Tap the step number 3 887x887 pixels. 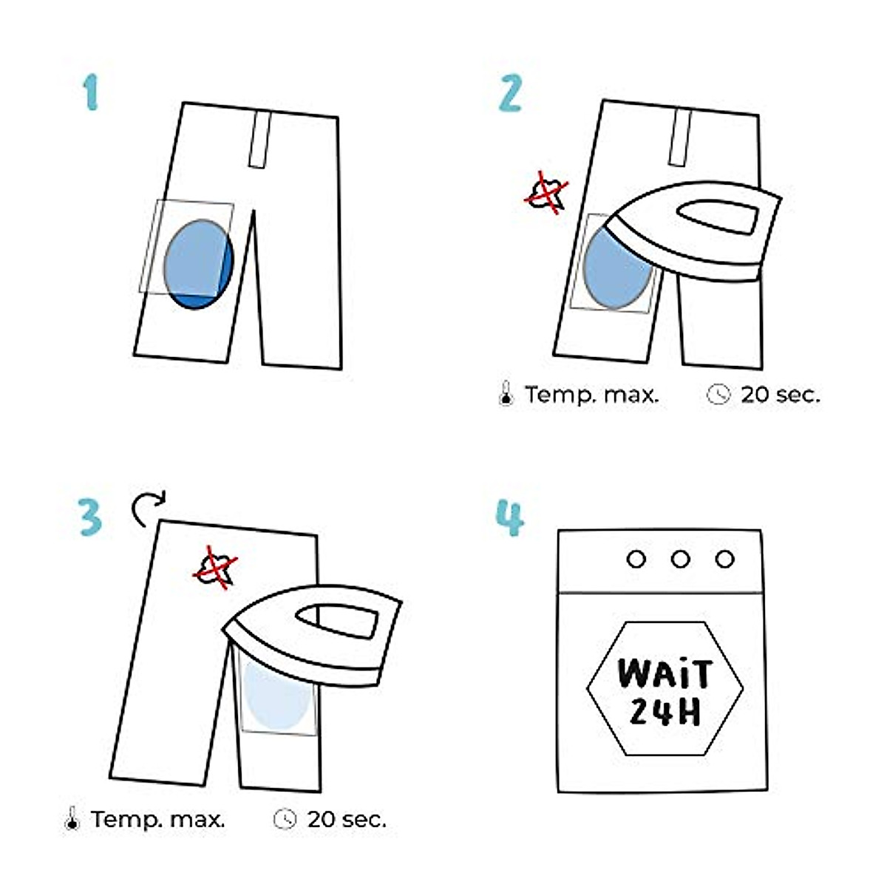click(89, 517)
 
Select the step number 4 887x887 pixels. click(510, 517)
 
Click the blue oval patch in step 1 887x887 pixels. click(197, 263)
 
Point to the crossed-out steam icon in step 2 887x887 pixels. click(547, 194)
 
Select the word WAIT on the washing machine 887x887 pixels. click(665, 674)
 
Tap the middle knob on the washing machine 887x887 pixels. click(681, 559)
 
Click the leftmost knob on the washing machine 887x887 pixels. click(636, 559)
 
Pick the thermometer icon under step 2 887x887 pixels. click(506, 394)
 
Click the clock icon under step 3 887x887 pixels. click(285, 819)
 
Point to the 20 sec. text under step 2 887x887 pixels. click(780, 395)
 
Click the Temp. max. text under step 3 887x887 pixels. click(158, 819)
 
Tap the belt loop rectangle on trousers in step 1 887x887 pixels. click(259, 140)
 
